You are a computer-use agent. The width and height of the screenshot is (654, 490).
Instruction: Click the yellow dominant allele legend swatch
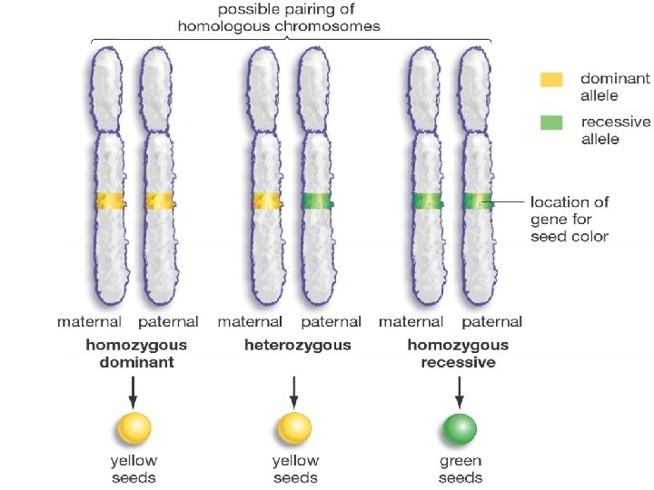tap(551, 80)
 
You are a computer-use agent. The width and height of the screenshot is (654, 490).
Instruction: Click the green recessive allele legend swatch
tap(551, 122)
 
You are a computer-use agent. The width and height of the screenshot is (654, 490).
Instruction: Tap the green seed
tap(459, 427)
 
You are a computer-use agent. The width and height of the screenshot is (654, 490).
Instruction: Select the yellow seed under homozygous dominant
tap(134, 427)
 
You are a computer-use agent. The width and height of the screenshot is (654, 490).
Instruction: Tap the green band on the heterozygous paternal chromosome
tap(317, 201)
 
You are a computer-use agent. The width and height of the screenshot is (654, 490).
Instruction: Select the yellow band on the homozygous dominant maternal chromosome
tap(109, 201)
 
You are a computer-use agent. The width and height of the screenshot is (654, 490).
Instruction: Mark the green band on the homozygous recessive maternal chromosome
tap(425, 201)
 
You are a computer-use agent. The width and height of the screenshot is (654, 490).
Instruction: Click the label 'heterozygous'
tap(297, 346)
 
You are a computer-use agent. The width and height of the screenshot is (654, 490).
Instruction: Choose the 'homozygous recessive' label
tap(458, 354)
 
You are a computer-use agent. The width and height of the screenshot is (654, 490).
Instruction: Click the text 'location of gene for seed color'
tap(570, 219)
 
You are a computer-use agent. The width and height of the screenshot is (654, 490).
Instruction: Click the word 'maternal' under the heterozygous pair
tap(250, 322)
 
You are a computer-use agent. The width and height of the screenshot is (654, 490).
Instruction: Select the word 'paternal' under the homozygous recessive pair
tap(491, 322)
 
